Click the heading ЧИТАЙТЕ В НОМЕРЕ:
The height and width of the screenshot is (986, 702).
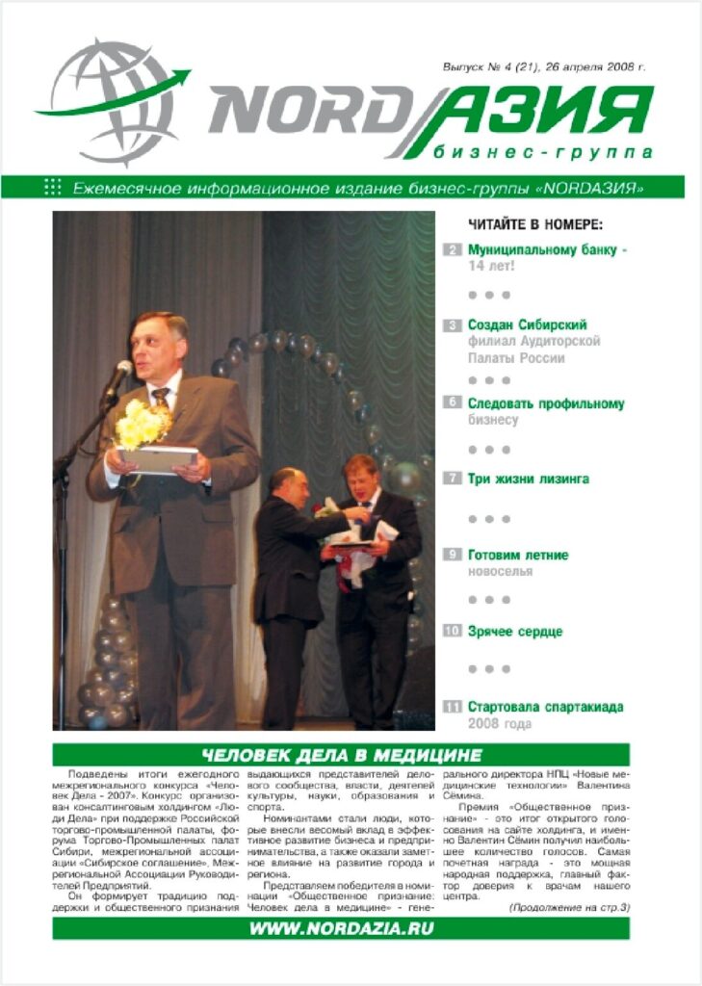coord(535,225)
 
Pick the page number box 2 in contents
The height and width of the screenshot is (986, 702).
coord(453,250)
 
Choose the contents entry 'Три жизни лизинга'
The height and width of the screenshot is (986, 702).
coord(528,479)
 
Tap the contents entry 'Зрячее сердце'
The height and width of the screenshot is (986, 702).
coord(514,632)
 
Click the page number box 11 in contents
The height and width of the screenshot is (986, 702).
coord(453,708)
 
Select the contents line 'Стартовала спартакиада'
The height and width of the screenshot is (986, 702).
coord(545,707)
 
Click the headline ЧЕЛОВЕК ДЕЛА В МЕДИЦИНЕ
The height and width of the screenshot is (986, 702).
coord(342,755)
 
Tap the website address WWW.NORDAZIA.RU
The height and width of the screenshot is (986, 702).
coord(342,928)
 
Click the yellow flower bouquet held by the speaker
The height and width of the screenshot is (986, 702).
coord(142,425)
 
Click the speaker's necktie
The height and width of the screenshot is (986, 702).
coord(161,398)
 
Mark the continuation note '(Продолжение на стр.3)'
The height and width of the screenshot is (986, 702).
coord(568,907)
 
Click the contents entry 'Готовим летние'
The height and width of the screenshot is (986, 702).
coord(518,556)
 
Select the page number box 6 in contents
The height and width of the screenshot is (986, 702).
coord(453,402)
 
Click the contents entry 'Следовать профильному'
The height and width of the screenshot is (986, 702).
coord(546,403)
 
